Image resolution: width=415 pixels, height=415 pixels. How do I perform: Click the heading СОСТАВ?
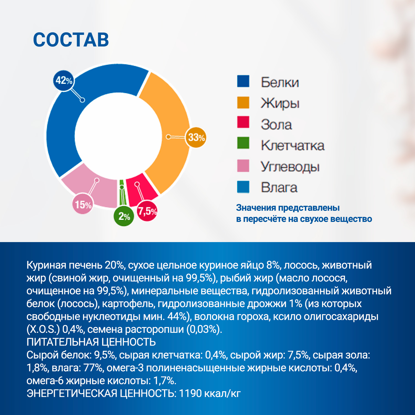coord(71,40)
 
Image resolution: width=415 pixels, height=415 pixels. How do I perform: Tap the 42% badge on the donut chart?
coord(64,81)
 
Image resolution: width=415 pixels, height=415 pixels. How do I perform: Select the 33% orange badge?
coord(196,137)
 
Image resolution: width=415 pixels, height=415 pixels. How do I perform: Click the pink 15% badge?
coord(83,205)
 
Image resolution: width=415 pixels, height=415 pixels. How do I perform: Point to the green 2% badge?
coord(124,216)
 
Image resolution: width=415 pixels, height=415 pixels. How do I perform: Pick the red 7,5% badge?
coord(147,211)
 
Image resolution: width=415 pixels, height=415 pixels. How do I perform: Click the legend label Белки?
coord(280,82)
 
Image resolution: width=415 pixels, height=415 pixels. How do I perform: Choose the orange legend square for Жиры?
coord(243,102)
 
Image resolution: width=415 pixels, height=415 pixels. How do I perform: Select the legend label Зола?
coord(276,124)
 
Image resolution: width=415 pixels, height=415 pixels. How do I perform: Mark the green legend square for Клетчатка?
coord(243,143)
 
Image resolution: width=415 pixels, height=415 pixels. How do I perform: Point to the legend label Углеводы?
coord(290,167)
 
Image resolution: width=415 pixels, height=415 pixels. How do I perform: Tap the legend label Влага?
coord(279,188)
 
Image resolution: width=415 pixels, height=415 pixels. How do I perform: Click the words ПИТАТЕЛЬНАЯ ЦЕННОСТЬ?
coord(91,342)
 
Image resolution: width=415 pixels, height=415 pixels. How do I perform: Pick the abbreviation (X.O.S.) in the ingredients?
coord(43,329)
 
